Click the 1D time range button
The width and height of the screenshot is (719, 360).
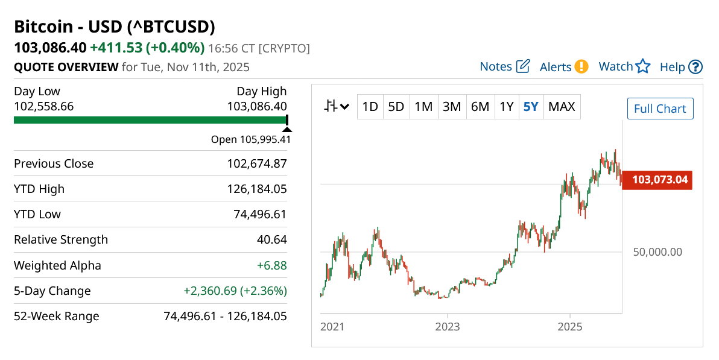pos(370,107)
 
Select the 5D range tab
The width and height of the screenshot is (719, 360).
pos(396,107)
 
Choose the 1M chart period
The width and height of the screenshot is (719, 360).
pos(423,107)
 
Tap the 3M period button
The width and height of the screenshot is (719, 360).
pos(451,107)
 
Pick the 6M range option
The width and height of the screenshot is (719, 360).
pos(480,107)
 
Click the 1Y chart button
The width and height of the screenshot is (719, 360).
pos(506,107)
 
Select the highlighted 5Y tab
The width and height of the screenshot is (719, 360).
pos(531,107)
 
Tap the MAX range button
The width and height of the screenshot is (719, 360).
pos(562,107)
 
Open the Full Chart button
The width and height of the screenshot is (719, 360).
pos(660,109)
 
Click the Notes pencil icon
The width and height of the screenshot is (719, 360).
pos(523,66)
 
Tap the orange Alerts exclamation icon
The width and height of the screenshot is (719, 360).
pos(581,66)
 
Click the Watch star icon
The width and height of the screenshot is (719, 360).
pos(643,66)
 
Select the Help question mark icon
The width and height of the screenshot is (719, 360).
pos(695,66)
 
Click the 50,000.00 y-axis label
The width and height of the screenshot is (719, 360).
pos(657,252)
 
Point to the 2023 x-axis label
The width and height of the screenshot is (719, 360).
pos(448,327)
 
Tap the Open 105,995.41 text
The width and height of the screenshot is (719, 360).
pos(250,139)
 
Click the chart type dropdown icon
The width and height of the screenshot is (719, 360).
pos(337,107)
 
